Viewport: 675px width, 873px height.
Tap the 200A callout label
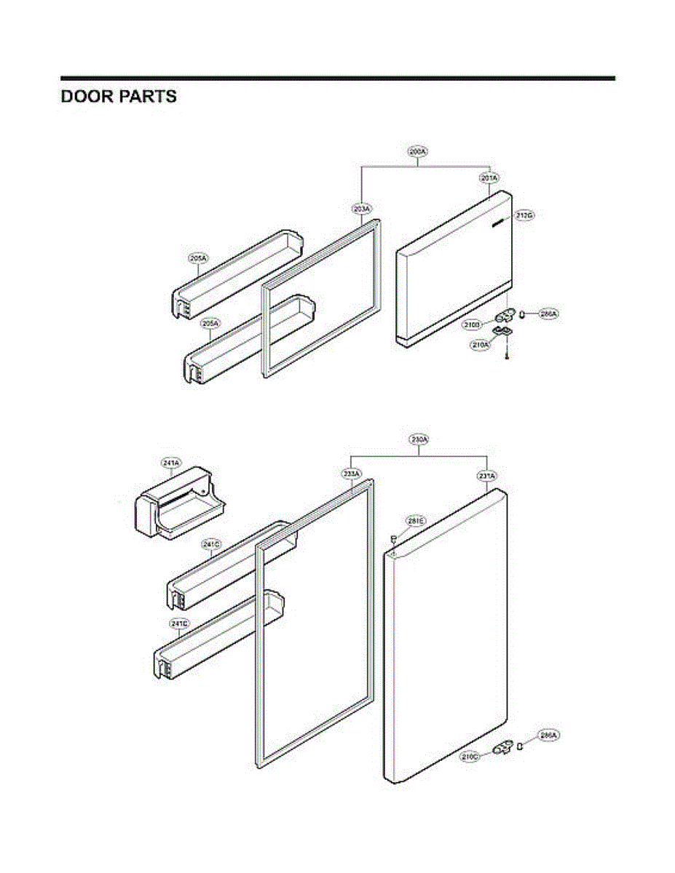417,152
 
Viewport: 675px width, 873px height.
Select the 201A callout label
489,178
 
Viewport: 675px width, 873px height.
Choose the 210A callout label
480,345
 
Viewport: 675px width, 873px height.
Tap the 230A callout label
419,440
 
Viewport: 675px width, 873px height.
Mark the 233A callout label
352,474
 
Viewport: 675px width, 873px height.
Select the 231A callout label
487,476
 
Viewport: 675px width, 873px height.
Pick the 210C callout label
470,757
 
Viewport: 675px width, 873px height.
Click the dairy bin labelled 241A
178,507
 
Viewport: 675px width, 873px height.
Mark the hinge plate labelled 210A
502,332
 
